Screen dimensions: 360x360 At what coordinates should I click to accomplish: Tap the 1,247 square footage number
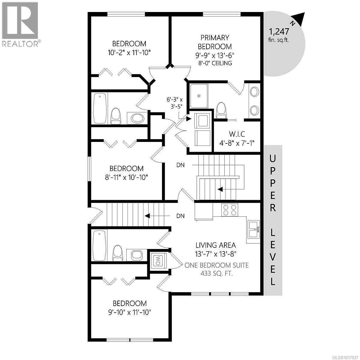279,31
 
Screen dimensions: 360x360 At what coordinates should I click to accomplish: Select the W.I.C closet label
237,134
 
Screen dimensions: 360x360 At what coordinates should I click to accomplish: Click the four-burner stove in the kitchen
230,209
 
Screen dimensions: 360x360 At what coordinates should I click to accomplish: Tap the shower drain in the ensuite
198,96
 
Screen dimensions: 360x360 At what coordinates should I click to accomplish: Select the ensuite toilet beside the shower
221,109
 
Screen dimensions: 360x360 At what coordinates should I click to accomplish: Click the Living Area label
216,245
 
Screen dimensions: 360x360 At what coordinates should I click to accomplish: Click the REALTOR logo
20,24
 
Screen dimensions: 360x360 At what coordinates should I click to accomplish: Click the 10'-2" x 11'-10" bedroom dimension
129,52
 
